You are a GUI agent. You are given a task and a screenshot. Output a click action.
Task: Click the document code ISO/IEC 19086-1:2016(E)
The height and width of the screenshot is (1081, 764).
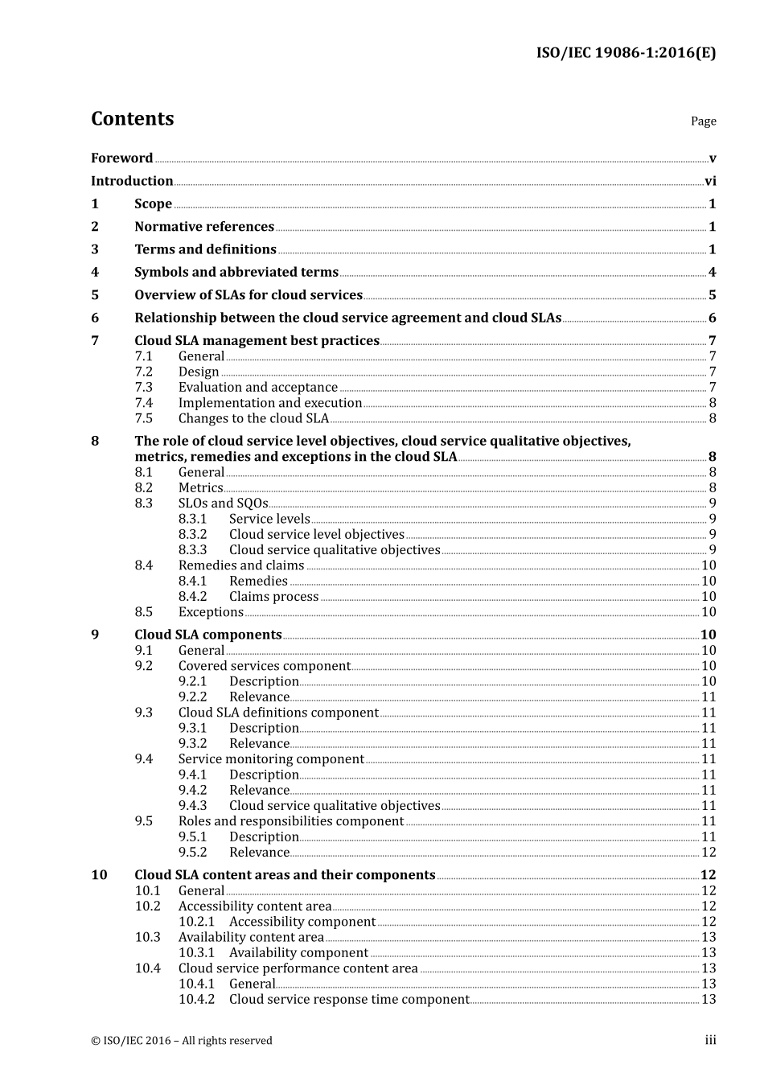(x=626, y=53)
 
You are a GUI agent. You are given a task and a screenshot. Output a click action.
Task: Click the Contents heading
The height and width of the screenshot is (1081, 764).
(x=132, y=118)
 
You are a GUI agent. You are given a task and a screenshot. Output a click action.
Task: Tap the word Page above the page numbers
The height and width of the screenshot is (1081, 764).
(x=703, y=121)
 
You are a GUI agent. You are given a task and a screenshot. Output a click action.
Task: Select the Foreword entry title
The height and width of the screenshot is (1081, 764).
(x=121, y=158)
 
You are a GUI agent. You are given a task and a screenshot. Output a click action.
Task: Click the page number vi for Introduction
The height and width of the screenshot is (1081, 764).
(x=710, y=182)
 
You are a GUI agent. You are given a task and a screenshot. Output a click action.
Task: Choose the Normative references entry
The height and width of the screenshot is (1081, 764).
(x=204, y=227)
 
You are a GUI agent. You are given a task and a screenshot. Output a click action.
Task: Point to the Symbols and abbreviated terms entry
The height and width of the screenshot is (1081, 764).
(x=236, y=273)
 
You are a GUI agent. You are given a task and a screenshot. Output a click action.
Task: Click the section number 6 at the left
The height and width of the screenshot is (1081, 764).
(x=95, y=319)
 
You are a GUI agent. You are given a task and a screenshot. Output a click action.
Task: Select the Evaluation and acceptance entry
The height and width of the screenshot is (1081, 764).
(x=257, y=388)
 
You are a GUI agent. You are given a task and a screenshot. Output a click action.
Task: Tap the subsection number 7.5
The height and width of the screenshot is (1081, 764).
(x=143, y=419)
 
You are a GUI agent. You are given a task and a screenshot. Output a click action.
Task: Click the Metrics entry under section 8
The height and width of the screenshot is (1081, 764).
(x=200, y=488)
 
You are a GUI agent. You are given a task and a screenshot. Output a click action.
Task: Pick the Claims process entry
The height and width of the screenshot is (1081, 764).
(x=273, y=597)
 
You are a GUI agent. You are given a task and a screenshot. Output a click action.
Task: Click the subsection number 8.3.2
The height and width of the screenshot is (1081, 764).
(x=192, y=535)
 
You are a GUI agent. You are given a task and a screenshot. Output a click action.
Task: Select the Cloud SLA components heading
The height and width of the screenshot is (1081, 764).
(x=207, y=635)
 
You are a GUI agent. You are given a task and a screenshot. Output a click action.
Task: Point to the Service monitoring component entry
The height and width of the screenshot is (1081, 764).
(x=271, y=759)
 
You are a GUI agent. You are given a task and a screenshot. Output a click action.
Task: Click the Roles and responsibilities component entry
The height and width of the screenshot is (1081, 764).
(x=290, y=821)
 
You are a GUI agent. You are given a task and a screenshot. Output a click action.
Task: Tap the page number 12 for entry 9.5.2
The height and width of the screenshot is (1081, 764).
(x=709, y=853)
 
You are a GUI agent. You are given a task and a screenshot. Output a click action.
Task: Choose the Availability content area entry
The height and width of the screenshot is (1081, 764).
(x=251, y=938)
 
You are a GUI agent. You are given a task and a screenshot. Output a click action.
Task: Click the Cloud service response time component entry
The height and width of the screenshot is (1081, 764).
(x=349, y=1000)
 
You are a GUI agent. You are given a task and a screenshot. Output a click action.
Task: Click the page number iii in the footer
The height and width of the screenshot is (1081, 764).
(x=710, y=1041)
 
